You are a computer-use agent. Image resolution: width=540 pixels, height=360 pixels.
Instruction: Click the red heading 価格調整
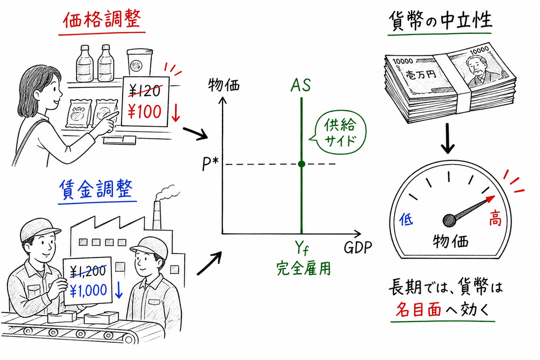coord(102,21)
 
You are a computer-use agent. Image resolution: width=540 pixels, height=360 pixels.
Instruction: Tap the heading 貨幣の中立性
coord(440,21)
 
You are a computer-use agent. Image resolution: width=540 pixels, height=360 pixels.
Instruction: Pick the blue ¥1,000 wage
coord(89,290)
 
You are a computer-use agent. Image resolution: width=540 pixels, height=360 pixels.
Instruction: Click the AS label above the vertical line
coord(301,85)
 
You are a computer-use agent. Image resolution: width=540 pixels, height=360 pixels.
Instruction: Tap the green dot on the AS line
coord(301,164)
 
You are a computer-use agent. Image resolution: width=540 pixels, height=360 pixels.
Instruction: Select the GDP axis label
coord(357,248)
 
